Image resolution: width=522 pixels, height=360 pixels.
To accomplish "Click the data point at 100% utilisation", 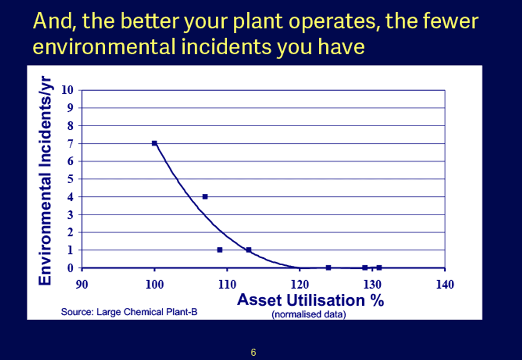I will [x=154, y=143].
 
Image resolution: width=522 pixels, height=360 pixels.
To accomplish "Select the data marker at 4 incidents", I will [x=205, y=197].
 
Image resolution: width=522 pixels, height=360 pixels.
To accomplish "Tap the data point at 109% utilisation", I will [x=219, y=250].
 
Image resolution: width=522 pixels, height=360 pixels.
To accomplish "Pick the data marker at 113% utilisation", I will [x=249, y=250].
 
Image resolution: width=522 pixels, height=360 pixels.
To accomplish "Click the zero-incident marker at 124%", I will [x=328, y=267].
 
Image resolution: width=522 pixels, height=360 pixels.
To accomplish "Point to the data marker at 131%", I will [x=379, y=267].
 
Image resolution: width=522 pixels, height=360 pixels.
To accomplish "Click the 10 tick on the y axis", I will [x=67, y=90].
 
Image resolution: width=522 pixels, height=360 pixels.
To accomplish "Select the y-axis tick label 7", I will [x=70, y=143].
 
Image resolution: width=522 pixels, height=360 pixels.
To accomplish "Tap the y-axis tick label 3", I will [x=70, y=215].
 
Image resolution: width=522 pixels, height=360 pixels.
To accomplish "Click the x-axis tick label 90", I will [x=81, y=284].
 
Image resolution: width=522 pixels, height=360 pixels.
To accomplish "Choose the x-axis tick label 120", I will [x=299, y=284].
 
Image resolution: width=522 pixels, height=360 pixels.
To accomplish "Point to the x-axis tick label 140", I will [x=445, y=284].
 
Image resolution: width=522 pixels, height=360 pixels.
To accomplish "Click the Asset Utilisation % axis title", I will [x=310, y=300].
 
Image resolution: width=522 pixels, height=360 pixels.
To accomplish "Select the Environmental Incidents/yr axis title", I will [x=46, y=179].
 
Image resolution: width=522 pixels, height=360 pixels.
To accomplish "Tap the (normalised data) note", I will [x=308, y=314].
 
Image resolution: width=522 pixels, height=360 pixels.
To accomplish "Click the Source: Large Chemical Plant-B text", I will [x=129, y=312].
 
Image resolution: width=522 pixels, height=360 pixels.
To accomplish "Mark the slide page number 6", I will [x=254, y=352].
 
